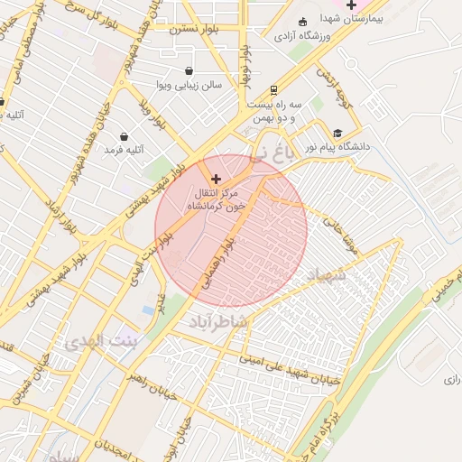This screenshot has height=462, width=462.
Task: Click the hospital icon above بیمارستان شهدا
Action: tap(351, 5)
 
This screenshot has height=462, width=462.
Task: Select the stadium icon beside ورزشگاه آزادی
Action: tap(301, 22)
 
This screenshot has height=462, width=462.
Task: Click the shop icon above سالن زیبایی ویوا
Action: tap(188, 71)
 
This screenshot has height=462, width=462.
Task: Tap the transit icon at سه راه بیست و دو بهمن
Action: tap(273, 90)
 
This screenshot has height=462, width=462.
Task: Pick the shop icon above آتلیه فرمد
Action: tap(123, 136)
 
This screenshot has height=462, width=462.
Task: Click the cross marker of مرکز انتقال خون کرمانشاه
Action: tap(215, 180)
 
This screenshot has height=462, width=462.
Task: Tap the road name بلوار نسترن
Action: tap(194, 29)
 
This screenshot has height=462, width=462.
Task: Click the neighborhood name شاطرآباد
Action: tap(218, 319)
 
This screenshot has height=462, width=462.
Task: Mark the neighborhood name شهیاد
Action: tap(326, 273)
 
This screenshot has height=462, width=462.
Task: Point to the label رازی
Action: tap(451, 380)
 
